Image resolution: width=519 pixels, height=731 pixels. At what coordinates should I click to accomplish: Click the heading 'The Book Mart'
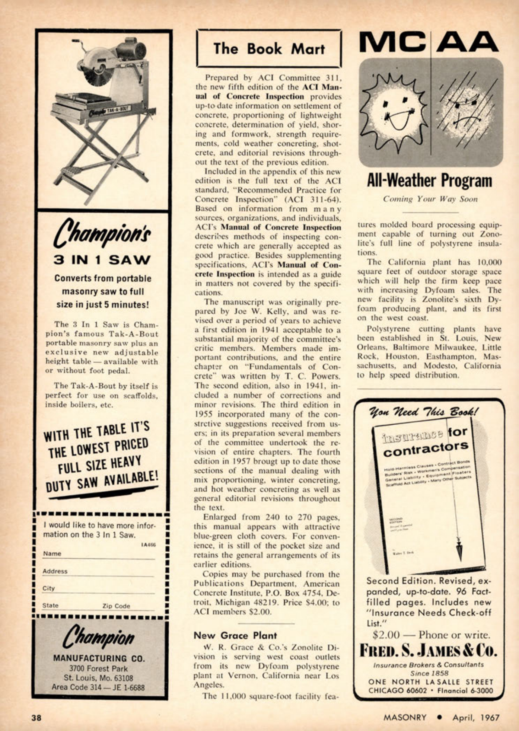pyautogui.click(x=269, y=49)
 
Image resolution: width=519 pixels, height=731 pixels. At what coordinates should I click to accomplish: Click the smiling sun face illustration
pyautogui.click(x=396, y=111)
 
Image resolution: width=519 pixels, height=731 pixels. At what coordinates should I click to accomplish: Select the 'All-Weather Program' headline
pyautogui.click(x=429, y=181)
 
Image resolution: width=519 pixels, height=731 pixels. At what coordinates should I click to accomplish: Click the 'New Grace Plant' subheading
pyautogui.click(x=235, y=636)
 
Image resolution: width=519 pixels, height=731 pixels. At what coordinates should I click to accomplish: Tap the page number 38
pyautogui.click(x=36, y=718)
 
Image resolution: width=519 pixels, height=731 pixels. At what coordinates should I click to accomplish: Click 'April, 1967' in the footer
pyautogui.click(x=476, y=718)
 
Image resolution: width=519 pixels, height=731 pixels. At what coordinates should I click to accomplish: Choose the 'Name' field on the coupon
pyautogui.click(x=99, y=554)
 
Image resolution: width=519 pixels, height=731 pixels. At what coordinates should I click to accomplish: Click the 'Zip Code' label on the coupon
pyautogui.click(x=116, y=606)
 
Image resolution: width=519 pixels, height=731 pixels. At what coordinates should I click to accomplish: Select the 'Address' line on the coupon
pyautogui.click(x=99, y=572)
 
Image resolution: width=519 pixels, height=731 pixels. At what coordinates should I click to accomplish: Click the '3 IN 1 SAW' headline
pyautogui.click(x=102, y=259)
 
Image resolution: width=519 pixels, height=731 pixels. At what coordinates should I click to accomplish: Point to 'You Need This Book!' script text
pyautogui.click(x=424, y=412)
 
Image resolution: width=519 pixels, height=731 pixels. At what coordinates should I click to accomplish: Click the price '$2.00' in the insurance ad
pyautogui.click(x=386, y=635)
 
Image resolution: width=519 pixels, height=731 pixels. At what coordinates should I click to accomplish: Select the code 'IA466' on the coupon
pyautogui.click(x=148, y=545)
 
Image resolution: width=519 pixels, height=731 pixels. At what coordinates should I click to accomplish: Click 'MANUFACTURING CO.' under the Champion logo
pyautogui.click(x=99, y=658)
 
